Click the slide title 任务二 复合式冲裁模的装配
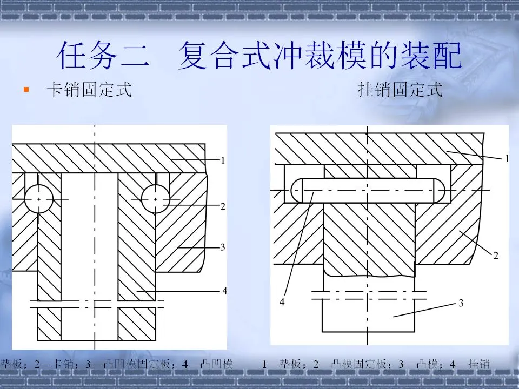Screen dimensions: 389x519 (x=259, y=56)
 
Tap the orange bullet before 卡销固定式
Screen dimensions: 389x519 (x=25, y=89)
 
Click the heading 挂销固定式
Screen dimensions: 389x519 (x=401, y=89)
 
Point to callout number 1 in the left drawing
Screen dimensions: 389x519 (x=222, y=160)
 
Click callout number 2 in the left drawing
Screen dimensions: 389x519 (x=222, y=206)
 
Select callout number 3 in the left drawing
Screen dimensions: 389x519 (x=222, y=247)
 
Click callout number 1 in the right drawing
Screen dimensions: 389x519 (x=507, y=159)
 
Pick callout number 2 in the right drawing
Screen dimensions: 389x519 (x=495, y=256)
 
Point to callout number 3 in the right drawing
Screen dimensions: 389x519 (x=461, y=303)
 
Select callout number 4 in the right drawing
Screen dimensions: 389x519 (x=282, y=302)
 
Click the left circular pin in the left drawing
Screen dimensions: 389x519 (x=38, y=199)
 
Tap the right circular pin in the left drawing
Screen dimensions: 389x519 (x=156, y=199)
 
